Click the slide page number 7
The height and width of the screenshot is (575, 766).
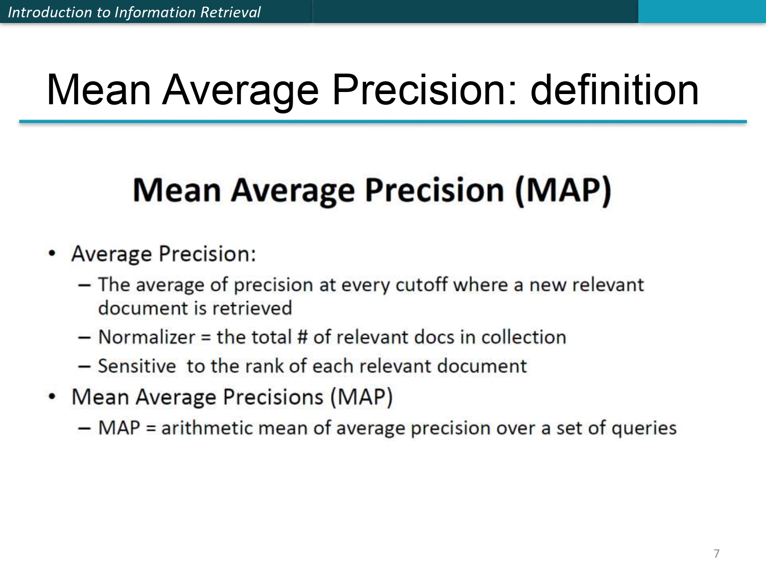tap(716, 554)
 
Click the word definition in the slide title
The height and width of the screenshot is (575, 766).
tap(614, 90)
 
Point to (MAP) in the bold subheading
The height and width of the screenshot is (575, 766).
tap(563, 191)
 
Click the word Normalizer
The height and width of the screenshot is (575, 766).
tap(147, 337)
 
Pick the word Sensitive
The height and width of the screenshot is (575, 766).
tap(137, 366)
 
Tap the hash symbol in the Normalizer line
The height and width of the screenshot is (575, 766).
tap(302, 337)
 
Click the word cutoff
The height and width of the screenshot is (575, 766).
tap(421, 285)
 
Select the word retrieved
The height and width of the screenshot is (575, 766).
tap(252, 308)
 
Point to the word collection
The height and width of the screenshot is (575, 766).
tap(523, 337)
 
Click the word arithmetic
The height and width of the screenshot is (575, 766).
tap(207, 428)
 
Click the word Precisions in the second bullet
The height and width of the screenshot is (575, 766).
tap(273, 398)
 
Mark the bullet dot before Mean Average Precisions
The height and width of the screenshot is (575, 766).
tap(52, 397)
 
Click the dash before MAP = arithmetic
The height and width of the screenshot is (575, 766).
tap(85, 429)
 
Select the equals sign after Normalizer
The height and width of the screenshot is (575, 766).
tap(206, 338)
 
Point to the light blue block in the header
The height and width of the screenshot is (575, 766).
tap(702, 12)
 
